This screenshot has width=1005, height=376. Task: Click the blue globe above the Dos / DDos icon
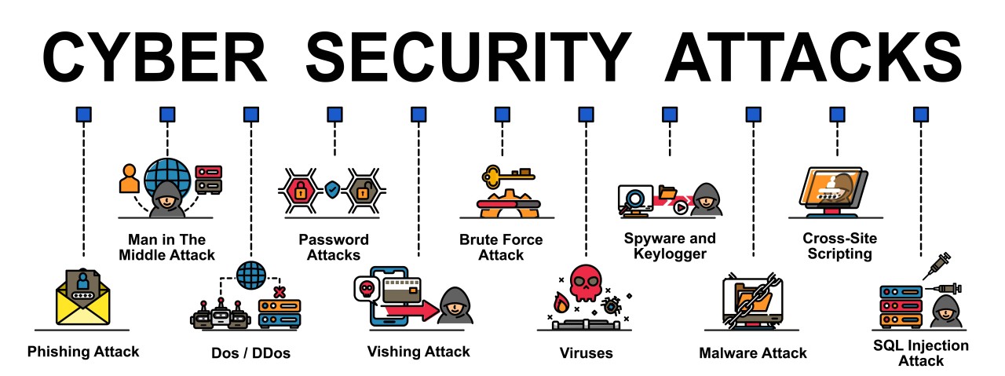coord(250,276)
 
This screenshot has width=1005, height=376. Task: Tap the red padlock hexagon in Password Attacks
coord(300,189)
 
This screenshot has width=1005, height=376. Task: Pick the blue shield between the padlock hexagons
coord(333,189)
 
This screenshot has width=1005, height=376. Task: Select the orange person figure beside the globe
coord(128,178)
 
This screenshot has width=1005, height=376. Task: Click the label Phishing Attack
coord(83,352)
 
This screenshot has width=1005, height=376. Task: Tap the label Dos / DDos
coord(251,353)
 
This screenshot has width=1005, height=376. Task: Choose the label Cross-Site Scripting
coord(837,246)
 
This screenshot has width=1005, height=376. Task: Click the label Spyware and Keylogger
coord(670,246)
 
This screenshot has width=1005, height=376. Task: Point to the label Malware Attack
coord(753,353)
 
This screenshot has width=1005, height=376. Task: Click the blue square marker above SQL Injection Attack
coord(920,115)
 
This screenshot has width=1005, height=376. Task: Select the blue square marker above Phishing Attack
coord(83,115)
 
